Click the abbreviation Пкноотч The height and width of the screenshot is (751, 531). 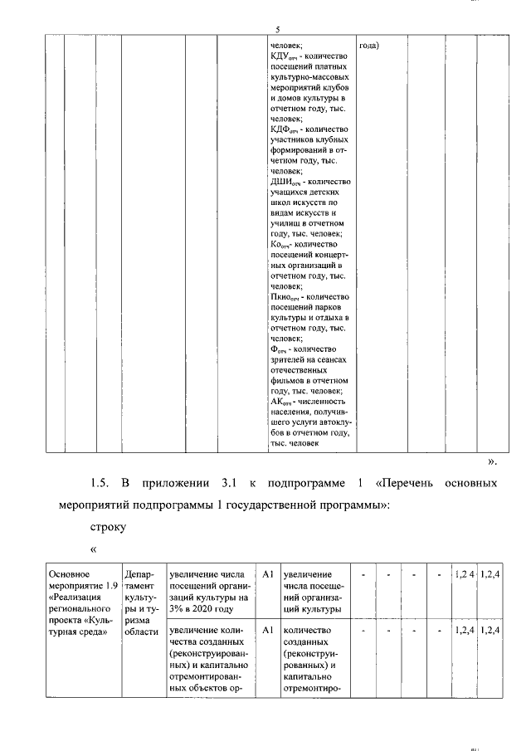287,297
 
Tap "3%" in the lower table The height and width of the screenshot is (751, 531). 177,608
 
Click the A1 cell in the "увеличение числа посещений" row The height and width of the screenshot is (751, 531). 267,573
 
